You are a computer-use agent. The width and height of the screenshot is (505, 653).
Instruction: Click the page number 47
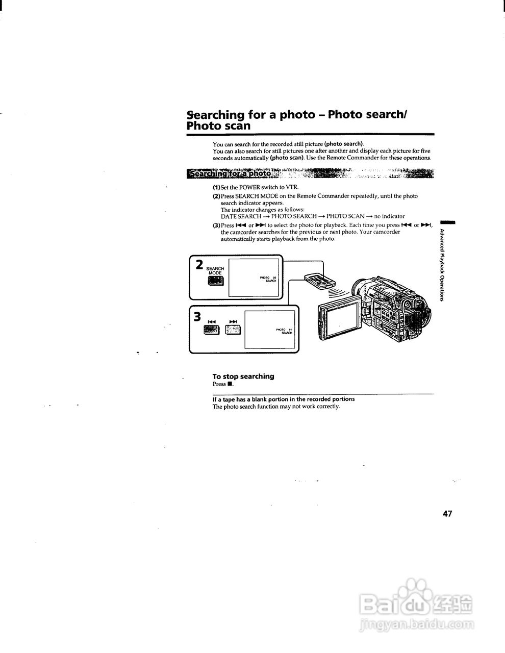447,514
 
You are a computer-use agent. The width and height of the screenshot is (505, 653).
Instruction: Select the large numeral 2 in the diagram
199,265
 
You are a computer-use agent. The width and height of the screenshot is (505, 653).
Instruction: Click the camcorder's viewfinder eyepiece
408,305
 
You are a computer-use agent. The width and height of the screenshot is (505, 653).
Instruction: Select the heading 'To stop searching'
243,376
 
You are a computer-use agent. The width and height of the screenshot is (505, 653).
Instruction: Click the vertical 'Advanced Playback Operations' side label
442,265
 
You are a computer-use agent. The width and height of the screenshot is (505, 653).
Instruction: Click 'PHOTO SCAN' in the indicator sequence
345,216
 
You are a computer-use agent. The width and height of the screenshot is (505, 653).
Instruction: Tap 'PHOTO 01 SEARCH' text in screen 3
284,331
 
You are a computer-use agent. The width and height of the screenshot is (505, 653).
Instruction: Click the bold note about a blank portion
284,399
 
